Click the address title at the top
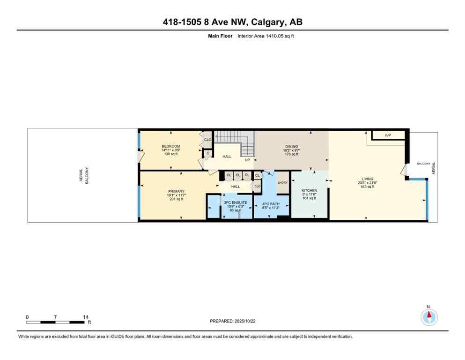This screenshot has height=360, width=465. (x=232, y=22)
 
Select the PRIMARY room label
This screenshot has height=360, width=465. (x=176, y=191)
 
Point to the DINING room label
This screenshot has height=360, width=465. (x=291, y=147)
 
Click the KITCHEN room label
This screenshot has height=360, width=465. (x=309, y=190)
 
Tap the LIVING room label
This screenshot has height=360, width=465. (x=367, y=179)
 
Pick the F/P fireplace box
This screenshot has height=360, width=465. (x=388, y=135)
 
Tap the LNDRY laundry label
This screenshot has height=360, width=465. (x=282, y=183)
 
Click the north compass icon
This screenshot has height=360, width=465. (x=428, y=317)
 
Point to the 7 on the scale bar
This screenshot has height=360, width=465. (x=55, y=317)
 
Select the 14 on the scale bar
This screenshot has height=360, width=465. (x=85, y=317)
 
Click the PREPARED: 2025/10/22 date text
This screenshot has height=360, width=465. (x=232, y=321)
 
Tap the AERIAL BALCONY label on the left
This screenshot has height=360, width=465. (x=83, y=176)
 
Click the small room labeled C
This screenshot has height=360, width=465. (x=207, y=153)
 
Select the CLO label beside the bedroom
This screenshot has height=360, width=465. (x=207, y=139)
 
